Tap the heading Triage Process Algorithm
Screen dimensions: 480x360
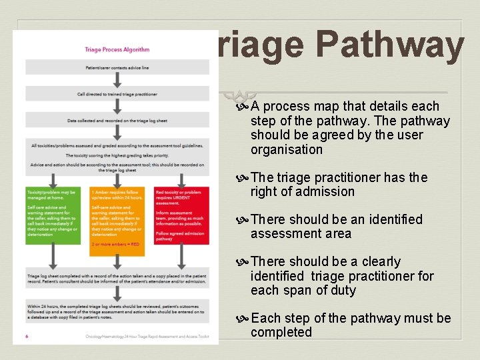(117, 49)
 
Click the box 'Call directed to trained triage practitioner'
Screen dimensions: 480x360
(117, 94)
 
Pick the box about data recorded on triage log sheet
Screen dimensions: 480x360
(117, 120)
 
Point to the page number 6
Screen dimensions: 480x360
(27, 336)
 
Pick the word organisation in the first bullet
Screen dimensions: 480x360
(286, 149)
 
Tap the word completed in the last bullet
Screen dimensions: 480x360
(281, 332)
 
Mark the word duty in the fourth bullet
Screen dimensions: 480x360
(342, 290)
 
